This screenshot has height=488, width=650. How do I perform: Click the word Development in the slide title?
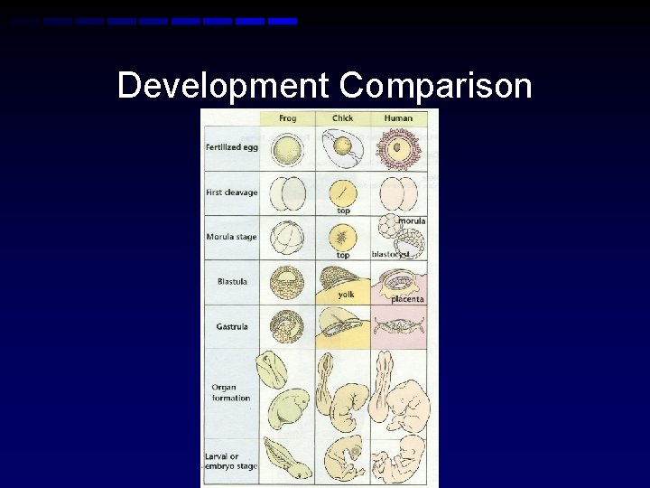click(x=224, y=87)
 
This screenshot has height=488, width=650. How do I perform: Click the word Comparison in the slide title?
click(x=435, y=87)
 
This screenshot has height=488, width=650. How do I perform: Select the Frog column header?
click(x=287, y=118)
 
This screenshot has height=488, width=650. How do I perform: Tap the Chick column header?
click(x=342, y=118)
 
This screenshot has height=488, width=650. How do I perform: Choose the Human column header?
click(x=397, y=118)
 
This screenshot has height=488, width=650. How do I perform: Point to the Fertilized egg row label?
click(x=231, y=147)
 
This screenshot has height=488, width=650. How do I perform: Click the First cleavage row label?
click(x=231, y=192)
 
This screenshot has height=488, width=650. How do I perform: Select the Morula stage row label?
click(x=231, y=237)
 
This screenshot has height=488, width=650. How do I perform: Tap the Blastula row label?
click(x=232, y=281)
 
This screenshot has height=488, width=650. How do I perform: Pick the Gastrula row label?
click(x=232, y=326)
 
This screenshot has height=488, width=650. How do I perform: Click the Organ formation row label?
click(x=231, y=393)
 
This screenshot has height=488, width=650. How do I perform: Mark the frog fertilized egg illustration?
click(x=288, y=147)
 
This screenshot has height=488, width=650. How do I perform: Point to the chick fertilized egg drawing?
click(x=341, y=146)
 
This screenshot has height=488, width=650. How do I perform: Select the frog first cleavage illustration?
click(x=288, y=192)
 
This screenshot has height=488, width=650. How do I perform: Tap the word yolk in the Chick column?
click(x=346, y=295)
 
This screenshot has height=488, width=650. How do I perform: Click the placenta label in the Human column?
click(x=407, y=299)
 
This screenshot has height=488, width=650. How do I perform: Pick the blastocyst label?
click(x=391, y=255)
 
